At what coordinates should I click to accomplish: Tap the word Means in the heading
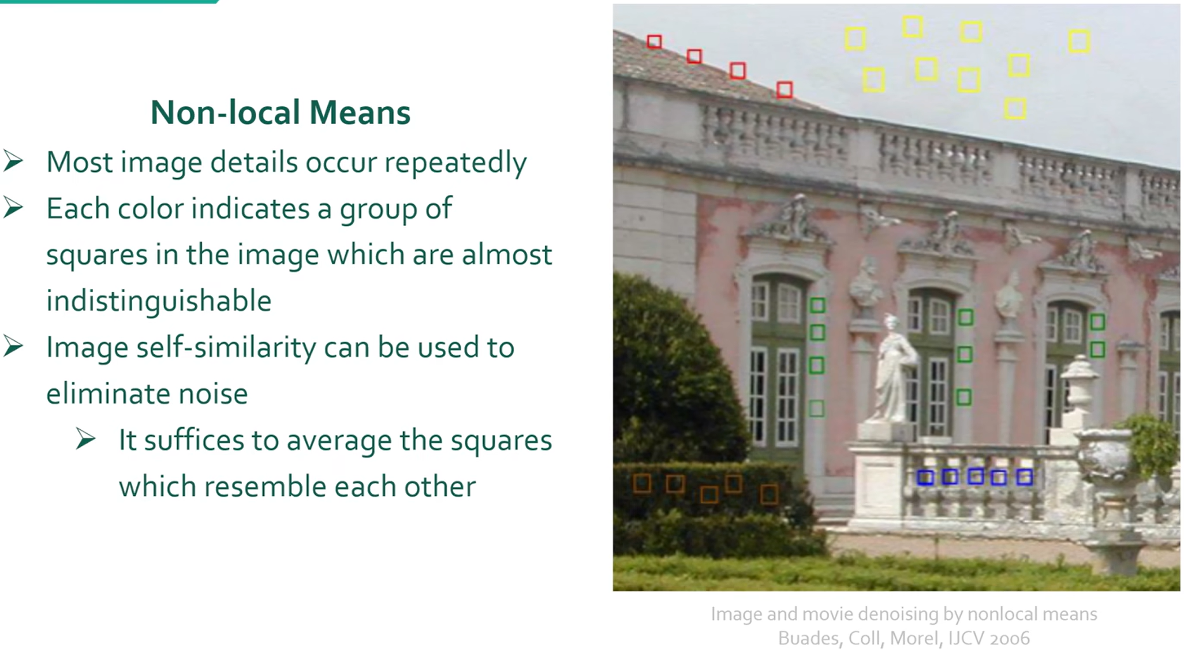[x=360, y=112]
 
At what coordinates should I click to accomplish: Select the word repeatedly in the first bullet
[x=455, y=163]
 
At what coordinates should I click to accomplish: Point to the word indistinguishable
[x=159, y=301]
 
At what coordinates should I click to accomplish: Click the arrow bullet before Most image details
[x=13, y=161]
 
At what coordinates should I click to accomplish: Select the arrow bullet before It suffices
[x=85, y=439]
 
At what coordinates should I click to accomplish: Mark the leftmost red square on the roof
[x=654, y=42]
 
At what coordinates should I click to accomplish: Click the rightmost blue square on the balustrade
[x=1025, y=477]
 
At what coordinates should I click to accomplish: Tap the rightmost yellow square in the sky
[x=1079, y=42]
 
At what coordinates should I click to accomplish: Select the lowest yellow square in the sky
[x=1015, y=108]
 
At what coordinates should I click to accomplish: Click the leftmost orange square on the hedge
[x=642, y=483]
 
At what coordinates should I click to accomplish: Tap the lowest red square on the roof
[x=785, y=89]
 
